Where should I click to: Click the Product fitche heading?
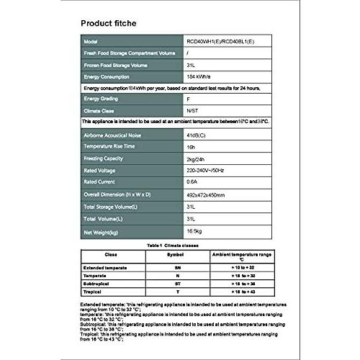point(107,24)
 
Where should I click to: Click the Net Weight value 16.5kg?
point(175,232)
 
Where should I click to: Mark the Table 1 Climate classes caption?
point(179,246)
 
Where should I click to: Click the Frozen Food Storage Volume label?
point(121,65)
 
